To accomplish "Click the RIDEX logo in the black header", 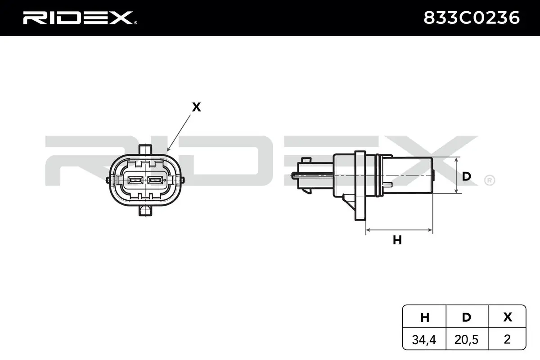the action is (x=80, y=18).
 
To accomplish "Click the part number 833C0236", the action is (x=472, y=18).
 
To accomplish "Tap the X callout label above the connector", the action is (x=196, y=107).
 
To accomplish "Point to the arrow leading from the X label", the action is (x=179, y=133).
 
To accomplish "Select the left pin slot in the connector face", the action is (x=135, y=180).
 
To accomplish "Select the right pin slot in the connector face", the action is (x=155, y=180).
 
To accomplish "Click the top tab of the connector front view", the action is (x=145, y=149).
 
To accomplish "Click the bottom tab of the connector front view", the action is (x=145, y=211).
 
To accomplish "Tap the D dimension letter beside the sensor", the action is (x=467, y=176).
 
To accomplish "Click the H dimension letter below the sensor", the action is (x=397, y=240).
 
